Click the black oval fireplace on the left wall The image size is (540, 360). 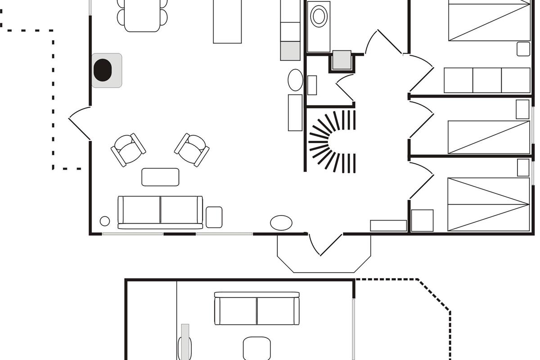pyautogui.click(x=103, y=70)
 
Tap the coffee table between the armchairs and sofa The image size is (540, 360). pyautogui.click(x=160, y=177)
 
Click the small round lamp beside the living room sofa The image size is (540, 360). pyautogui.click(x=105, y=221)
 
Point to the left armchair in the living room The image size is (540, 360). pyautogui.click(x=128, y=149)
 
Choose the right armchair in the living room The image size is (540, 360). pyautogui.click(x=192, y=149)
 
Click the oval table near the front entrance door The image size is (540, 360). pyautogui.click(x=281, y=223)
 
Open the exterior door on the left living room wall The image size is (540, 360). pyautogui.click(x=80, y=122)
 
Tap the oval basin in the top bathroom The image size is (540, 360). pyautogui.click(x=319, y=17)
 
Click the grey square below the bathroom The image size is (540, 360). pyautogui.click(x=342, y=60)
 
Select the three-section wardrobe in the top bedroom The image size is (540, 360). pyautogui.click(x=487, y=80)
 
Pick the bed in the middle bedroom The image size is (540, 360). pyautogui.click(x=489, y=137)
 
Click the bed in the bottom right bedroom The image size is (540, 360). pyautogui.click(x=489, y=204)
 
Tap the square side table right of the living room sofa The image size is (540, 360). pyautogui.click(x=214, y=217)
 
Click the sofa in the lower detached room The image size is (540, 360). pyautogui.click(x=257, y=309)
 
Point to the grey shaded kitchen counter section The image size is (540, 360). pyautogui.click(x=290, y=51)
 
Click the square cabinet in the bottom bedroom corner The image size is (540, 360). pyautogui.click(x=422, y=220)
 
